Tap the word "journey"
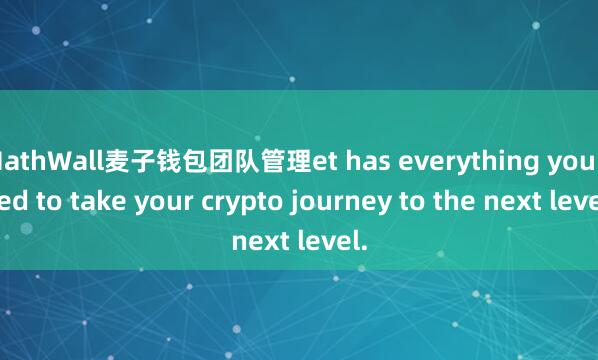pos(324,200)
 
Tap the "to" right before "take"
pos(50,200)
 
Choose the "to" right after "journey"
pos(385,200)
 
